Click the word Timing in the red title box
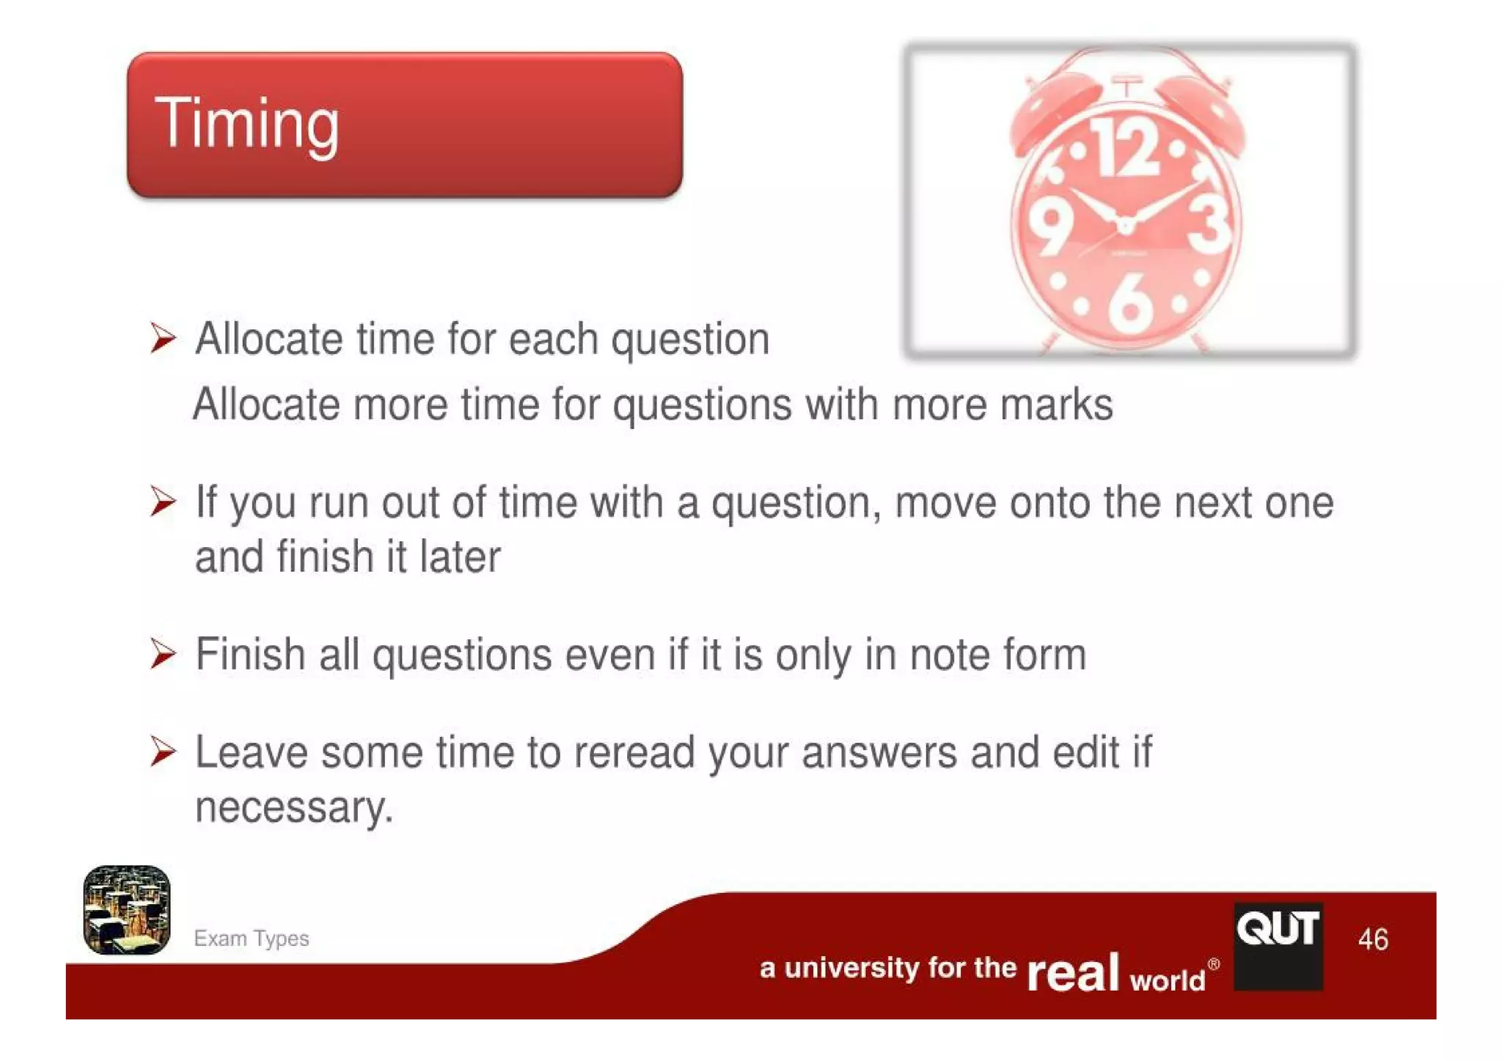[x=246, y=123]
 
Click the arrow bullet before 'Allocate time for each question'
[x=163, y=338]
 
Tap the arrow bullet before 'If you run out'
[x=163, y=502]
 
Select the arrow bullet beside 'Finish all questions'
[x=163, y=653]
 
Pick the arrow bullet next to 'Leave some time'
[x=163, y=752]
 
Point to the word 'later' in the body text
[x=460, y=557]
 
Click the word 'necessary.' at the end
[x=294, y=807]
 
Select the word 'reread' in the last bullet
[x=634, y=752]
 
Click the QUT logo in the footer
[x=1278, y=946]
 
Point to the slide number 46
[x=1373, y=939]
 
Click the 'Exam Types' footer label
[x=251, y=939]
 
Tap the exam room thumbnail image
[x=127, y=910]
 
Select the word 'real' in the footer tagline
[x=1073, y=972]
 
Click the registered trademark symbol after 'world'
[x=1214, y=964]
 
